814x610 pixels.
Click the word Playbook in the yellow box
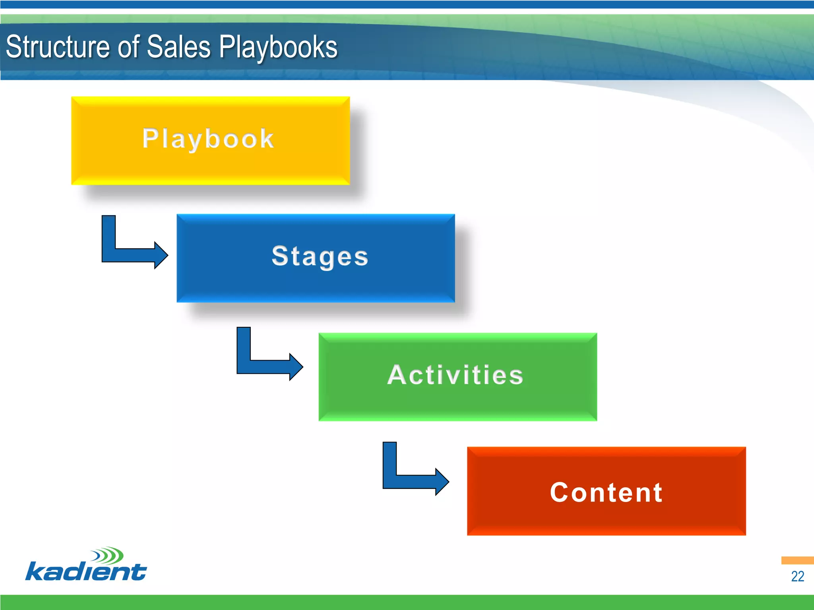pos(208,139)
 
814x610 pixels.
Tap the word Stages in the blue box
pos(320,256)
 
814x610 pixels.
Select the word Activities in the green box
pos(455,375)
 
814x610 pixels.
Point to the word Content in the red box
pos(606,492)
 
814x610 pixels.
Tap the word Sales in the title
pos(179,47)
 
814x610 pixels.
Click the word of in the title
pos(128,47)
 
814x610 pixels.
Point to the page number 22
pos(797,576)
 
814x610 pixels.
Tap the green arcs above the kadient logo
pos(108,555)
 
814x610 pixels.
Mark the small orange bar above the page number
pos(797,560)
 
